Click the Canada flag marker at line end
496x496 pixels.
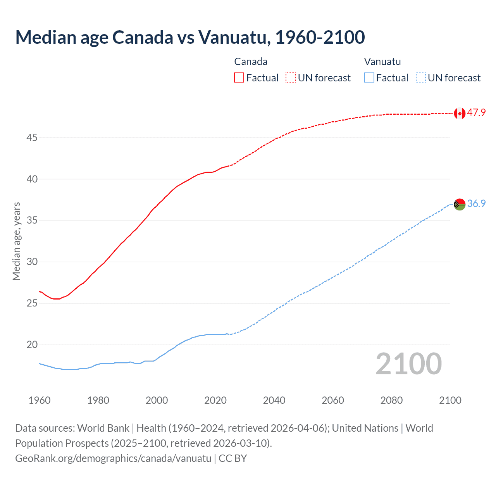[460, 113]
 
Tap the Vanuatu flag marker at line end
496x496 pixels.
[460, 204]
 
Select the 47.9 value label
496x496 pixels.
[476, 113]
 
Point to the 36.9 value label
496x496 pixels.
[476, 203]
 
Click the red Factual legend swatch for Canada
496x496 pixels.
[239, 78]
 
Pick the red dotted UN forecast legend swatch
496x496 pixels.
[291, 78]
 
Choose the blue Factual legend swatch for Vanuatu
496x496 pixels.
[369, 78]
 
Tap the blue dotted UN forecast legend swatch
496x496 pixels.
[420, 78]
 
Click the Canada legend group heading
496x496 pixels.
[251, 62]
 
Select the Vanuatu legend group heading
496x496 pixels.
[382, 62]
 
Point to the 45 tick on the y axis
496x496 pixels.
[32, 138]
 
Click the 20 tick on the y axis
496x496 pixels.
[32, 344]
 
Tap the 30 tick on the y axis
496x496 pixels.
[32, 262]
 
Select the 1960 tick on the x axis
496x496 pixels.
[40, 400]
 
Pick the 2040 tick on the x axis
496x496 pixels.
[274, 400]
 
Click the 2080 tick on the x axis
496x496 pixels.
[391, 400]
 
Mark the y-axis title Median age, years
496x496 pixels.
[16, 241]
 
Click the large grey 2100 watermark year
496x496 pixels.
[408, 364]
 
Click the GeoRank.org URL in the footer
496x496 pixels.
[113, 458]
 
